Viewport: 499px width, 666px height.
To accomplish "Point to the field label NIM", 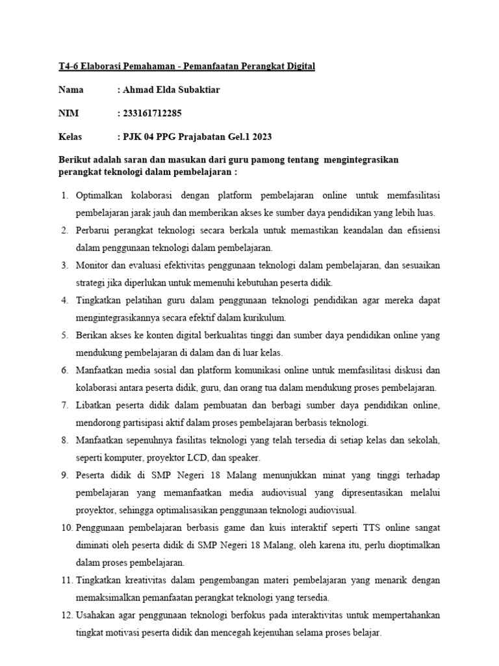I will pyautogui.click(x=68, y=113).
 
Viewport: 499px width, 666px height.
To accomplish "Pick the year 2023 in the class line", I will pyautogui.click(x=260, y=137).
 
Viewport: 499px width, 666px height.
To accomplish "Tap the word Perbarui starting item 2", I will pyautogui.click(x=94, y=230).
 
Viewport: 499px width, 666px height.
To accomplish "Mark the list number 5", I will pyautogui.click(x=64, y=336).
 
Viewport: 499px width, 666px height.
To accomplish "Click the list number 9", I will pyautogui.click(x=64, y=475).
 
